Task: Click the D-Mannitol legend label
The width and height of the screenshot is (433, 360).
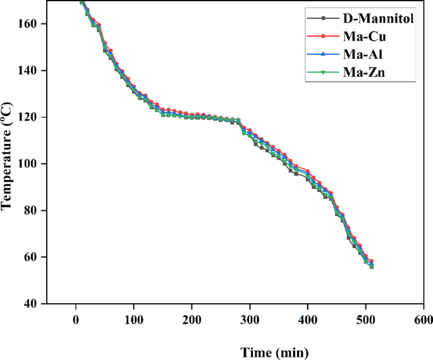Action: [378, 18]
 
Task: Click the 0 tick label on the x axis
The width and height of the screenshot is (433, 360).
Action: [76, 320]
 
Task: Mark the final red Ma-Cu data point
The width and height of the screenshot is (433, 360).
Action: [372, 261]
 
